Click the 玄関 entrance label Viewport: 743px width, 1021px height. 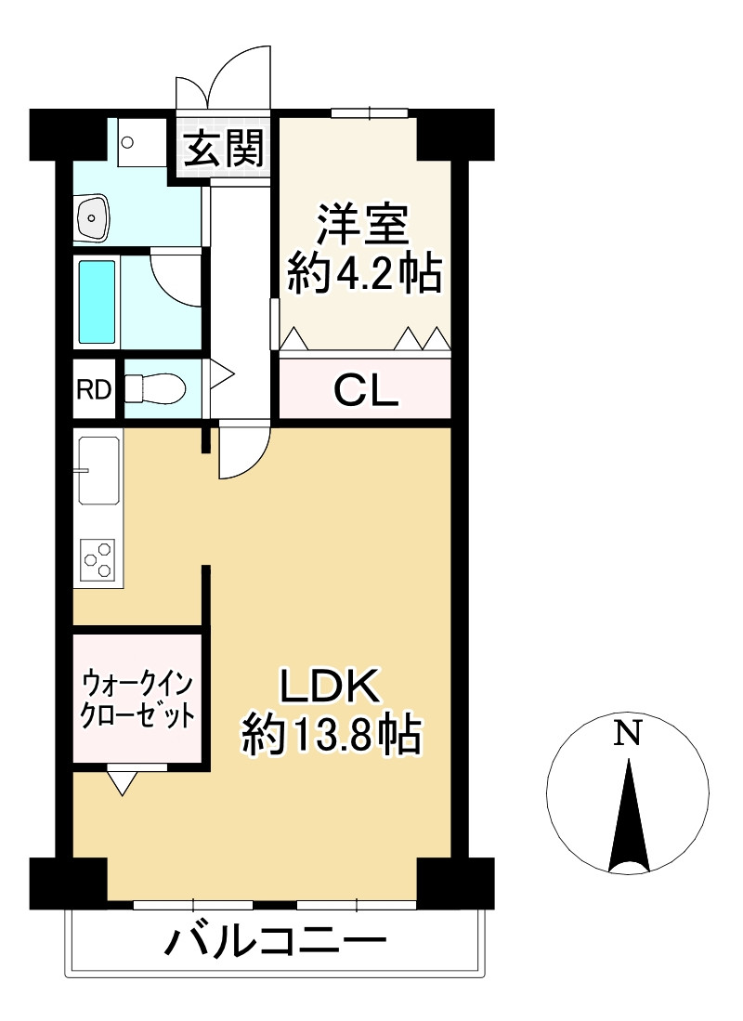(x=223, y=149)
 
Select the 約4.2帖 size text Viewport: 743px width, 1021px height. (x=363, y=273)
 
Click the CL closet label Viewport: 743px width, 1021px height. (x=365, y=390)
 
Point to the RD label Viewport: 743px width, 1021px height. (x=93, y=389)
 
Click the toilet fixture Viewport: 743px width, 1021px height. (x=154, y=388)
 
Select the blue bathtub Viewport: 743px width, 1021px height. (x=97, y=302)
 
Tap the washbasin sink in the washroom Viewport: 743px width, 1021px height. (x=92, y=219)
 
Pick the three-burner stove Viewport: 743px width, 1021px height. (x=97, y=559)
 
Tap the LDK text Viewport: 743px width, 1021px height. (x=331, y=687)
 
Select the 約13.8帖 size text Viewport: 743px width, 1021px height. (x=331, y=737)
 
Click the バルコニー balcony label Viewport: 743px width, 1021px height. (x=275, y=944)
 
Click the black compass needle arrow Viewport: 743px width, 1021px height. (x=629, y=818)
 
